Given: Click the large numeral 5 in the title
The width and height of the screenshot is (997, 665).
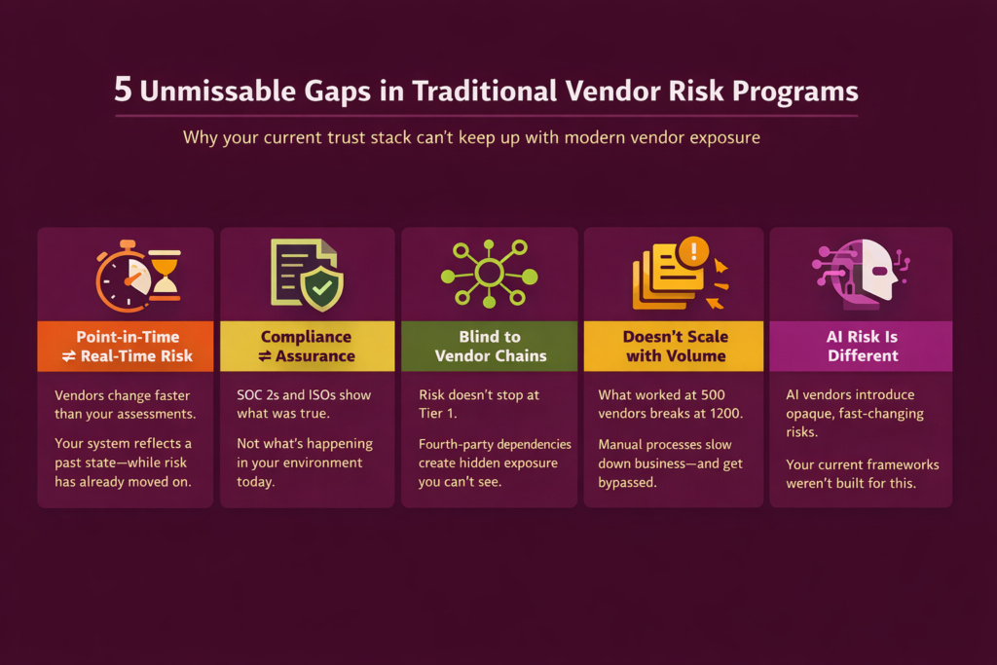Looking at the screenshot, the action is tap(124, 89).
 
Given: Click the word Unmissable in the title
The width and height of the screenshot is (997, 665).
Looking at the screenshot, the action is tap(217, 91).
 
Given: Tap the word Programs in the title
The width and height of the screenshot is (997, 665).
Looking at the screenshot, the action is tap(794, 92).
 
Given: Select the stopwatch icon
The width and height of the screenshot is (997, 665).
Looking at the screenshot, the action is tap(124, 277).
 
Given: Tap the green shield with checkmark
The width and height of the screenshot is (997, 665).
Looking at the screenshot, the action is tap(322, 288).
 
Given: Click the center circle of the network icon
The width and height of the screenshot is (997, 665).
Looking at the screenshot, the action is tap(489, 274).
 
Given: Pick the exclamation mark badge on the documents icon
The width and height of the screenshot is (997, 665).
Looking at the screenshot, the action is tap(693, 251).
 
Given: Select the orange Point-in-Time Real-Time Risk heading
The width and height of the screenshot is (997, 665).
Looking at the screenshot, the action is tap(126, 347).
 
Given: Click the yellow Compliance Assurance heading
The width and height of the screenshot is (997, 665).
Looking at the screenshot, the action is tap(307, 347).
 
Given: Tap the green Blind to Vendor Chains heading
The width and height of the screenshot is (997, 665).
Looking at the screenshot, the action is tap(490, 347).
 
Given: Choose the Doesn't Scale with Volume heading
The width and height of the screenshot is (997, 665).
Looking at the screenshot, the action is tap(674, 347).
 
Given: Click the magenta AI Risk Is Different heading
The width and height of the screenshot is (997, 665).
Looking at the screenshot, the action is tap(861, 347).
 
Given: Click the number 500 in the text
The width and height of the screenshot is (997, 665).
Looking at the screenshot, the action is tap(713, 394).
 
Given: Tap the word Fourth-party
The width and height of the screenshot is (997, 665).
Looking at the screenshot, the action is tap(456, 444).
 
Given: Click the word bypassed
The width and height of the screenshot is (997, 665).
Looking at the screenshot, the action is tap(626, 483).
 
